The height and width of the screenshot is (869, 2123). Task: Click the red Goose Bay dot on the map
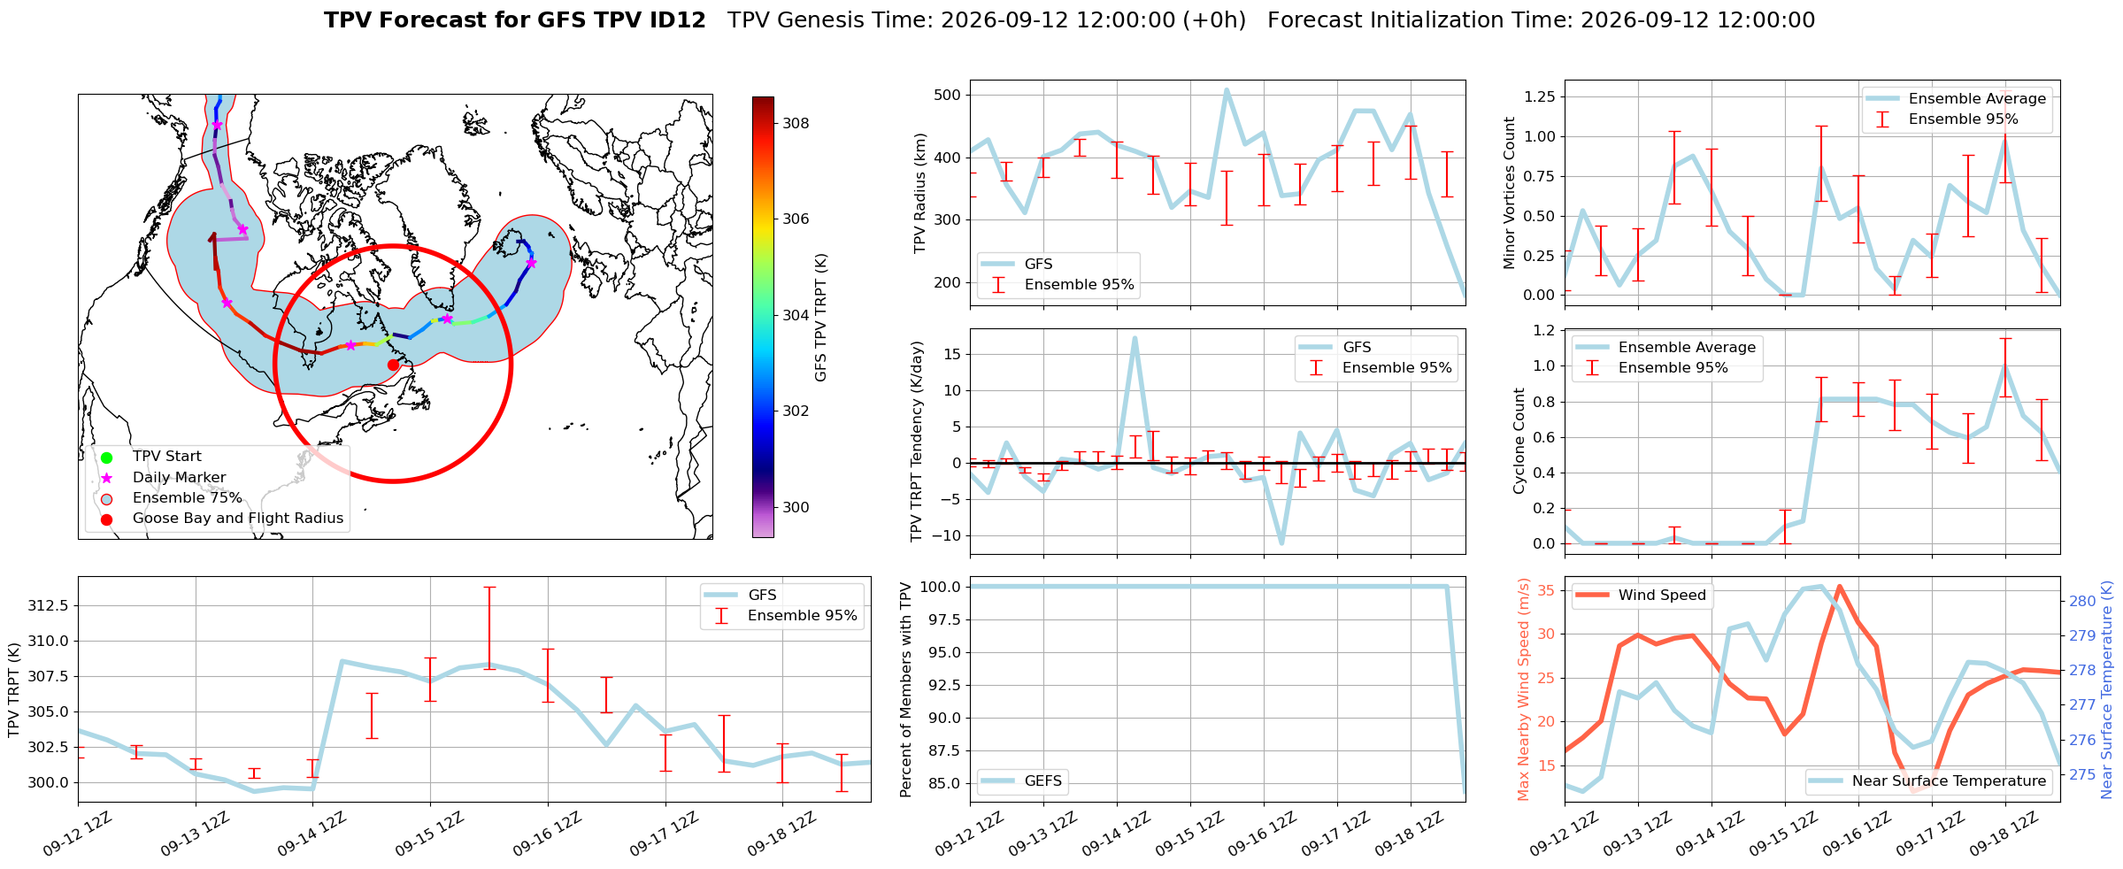tap(393, 365)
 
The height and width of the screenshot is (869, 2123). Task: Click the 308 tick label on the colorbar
tap(796, 123)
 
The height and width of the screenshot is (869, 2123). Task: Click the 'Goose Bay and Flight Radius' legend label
tap(238, 519)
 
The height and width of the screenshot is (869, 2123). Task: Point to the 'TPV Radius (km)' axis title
tap(920, 193)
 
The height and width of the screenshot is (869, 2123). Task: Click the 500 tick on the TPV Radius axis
tap(949, 95)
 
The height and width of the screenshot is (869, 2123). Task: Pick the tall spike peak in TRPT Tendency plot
tap(1135, 337)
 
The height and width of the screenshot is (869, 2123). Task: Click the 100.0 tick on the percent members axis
tap(940, 587)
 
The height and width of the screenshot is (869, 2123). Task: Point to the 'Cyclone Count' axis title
tap(1519, 441)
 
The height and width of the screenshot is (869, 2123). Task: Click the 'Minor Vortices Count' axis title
tap(1510, 193)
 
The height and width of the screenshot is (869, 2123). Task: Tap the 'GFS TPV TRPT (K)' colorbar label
tap(820, 317)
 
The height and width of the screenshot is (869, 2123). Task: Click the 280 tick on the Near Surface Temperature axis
tap(2082, 601)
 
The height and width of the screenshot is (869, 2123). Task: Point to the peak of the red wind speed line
tap(1839, 586)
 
